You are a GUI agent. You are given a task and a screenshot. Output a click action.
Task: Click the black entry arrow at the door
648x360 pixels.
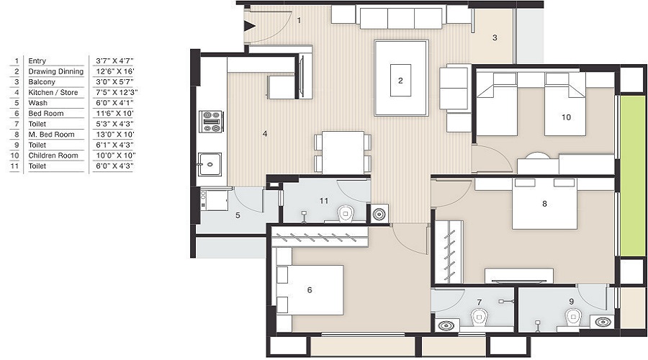pos(250,27)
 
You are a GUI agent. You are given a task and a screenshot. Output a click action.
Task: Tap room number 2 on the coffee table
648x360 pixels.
pos(400,81)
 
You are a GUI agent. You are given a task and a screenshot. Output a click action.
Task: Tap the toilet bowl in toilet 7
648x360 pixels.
pos(477,316)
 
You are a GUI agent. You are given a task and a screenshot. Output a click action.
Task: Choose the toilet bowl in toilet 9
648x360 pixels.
pos(573,316)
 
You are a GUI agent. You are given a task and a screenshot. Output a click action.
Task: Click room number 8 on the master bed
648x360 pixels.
pos(544,204)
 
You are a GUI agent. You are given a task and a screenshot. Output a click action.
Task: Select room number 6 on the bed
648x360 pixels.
pos(310,290)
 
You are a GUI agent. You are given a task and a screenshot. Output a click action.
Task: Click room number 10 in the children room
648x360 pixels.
pos(566,117)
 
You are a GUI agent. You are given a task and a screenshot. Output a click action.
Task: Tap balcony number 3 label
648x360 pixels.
pos(495,37)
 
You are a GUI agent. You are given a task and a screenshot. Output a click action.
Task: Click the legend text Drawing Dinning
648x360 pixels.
pos(56,72)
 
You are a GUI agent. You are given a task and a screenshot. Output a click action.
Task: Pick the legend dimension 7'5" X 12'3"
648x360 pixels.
pos(117,93)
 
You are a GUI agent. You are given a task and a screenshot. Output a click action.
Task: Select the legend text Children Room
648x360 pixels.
pos(53,156)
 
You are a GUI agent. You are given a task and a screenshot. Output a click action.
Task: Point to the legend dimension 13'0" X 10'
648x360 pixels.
pos(115,135)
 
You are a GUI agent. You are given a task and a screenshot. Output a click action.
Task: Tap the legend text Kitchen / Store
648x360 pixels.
pos(52,93)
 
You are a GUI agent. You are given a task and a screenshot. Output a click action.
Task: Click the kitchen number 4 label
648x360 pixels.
pos(265,133)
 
